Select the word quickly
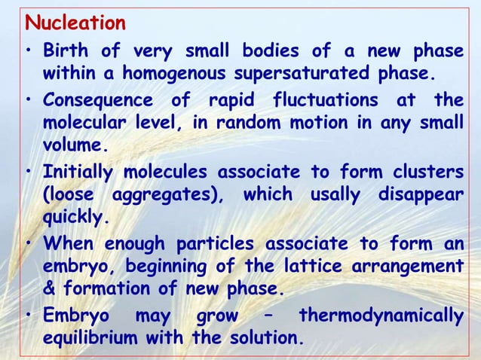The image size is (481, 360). pos(76,217)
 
